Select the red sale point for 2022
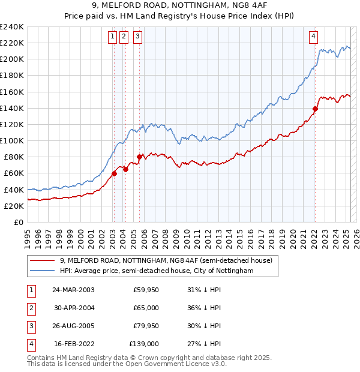click(x=315, y=109)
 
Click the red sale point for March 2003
click(x=114, y=174)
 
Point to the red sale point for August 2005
click(x=139, y=157)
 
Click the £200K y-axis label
click(x=12, y=59)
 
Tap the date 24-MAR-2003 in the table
click(x=73, y=290)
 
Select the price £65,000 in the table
click(x=146, y=308)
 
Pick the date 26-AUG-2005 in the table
click(x=73, y=326)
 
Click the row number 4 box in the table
click(x=31, y=344)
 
